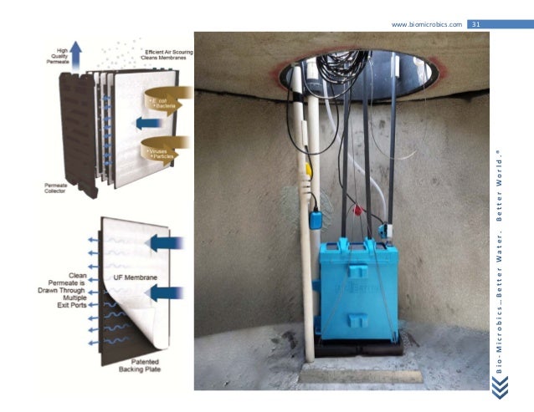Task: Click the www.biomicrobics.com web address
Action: click(427, 24)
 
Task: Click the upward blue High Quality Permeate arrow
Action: click(75, 51)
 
